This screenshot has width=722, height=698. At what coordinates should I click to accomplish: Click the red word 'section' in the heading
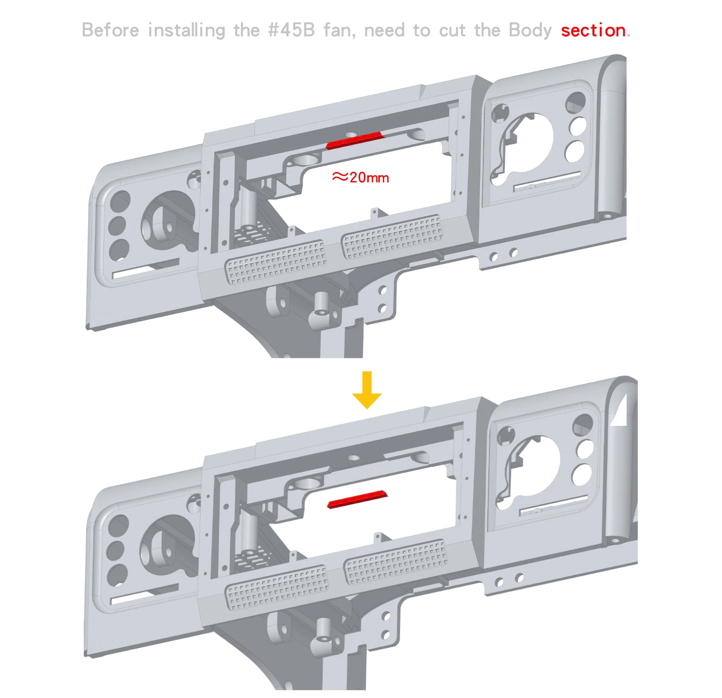(593, 30)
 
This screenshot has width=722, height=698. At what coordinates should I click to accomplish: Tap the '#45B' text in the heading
(291, 30)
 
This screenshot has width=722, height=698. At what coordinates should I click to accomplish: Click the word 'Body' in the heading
(530, 31)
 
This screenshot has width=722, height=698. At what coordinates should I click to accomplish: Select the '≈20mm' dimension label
(360, 177)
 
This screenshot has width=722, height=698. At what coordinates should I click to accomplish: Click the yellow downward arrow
(367, 390)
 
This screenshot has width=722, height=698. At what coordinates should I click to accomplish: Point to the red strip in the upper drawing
(354, 140)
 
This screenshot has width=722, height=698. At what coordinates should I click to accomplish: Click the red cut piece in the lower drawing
(357, 500)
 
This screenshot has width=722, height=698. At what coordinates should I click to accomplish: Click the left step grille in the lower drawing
(277, 587)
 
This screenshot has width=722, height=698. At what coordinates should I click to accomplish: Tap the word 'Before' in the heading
(111, 30)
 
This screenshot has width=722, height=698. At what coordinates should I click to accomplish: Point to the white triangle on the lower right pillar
(621, 412)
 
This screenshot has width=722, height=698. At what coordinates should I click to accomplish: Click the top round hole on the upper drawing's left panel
(120, 200)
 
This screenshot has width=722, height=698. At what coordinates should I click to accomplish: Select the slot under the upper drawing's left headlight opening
(145, 269)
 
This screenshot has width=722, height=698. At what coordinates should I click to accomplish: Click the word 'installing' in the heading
(186, 30)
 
